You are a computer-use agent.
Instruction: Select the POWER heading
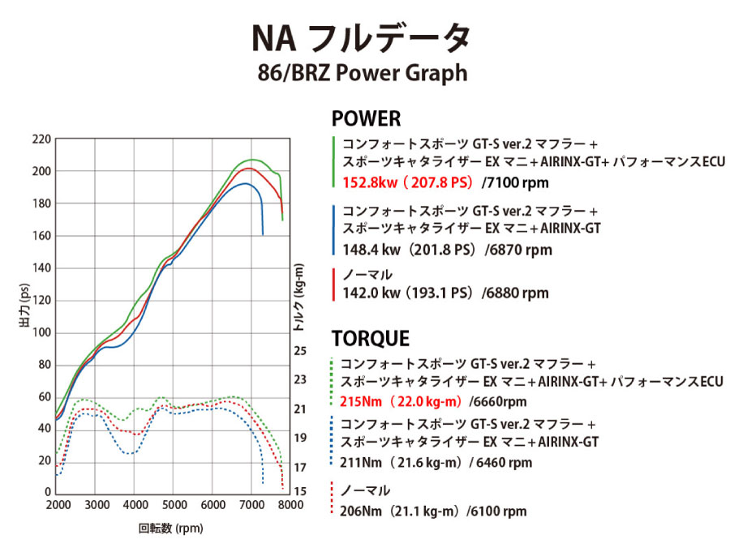point(366,118)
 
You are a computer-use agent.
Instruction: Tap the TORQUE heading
point(371,338)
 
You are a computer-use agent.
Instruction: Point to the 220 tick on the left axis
point(41,139)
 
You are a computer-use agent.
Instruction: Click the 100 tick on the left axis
point(41,332)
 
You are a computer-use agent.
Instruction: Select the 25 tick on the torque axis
point(300,351)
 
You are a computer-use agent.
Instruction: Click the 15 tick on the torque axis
point(300,491)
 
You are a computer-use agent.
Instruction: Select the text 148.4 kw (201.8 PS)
point(410,250)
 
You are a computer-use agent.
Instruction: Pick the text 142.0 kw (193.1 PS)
point(409,293)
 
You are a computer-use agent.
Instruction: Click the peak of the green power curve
point(251,160)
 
